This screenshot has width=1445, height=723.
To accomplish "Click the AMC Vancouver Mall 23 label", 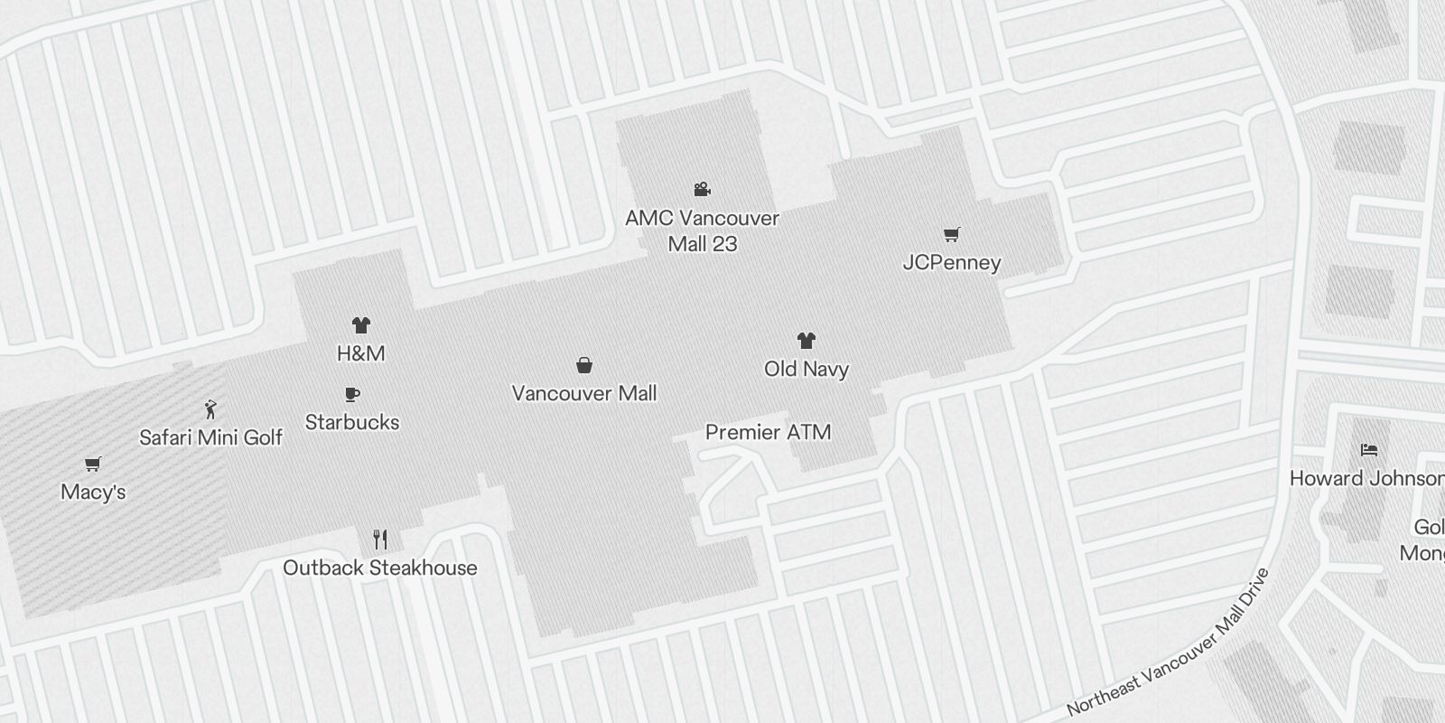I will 702,230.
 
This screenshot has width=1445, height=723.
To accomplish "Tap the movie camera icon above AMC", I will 702,189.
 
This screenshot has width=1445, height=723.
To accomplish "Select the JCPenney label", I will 952,263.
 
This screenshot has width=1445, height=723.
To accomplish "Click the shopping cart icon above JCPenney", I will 951,235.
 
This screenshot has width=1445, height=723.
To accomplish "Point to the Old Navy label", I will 806,369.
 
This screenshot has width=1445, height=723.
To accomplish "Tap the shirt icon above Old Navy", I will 806,341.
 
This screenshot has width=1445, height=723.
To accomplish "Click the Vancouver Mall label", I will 584,393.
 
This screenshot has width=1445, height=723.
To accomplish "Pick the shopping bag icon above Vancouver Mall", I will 584,365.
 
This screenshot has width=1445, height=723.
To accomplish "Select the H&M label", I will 361,353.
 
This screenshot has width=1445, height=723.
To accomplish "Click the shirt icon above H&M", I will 361,325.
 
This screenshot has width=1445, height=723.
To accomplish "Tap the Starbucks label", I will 352,422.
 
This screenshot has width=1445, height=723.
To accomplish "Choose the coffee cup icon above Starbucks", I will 352,395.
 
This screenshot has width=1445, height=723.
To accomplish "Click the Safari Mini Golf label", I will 210,437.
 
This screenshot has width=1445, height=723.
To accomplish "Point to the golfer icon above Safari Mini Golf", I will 211,409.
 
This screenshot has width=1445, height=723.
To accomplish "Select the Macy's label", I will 93,492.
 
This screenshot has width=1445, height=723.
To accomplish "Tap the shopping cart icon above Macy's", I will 92,465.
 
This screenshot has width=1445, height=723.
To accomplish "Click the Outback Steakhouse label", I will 380,568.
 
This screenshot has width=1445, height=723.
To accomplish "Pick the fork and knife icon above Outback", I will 380,540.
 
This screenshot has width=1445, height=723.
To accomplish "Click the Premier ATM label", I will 769,432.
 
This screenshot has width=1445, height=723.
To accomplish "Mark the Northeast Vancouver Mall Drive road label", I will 1169,643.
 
